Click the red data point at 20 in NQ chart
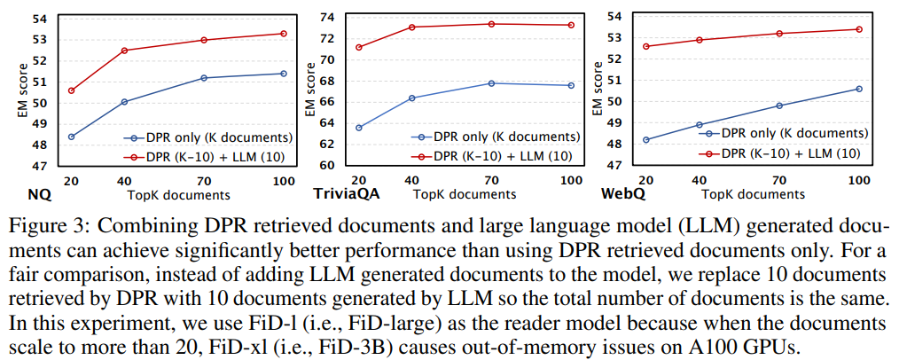pyautogui.click(x=71, y=90)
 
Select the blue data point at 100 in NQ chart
pyautogui.click(x=284, y=74)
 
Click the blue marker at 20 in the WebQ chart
pyautogui.click(x=646, y=139)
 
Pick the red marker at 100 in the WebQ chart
pyautogui.click(x=859, y=29)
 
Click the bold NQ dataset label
pyautogui.click(x=14, y=193)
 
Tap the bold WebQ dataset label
pyautogui.click(x=621, y=193)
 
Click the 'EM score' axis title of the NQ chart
pyautogui.click(x=21, y=93)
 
